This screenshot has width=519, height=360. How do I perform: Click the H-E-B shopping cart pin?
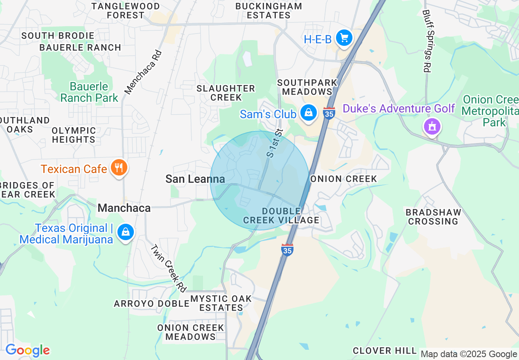[x=344, y=38]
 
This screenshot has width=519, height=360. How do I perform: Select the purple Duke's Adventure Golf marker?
[x=432, y=126]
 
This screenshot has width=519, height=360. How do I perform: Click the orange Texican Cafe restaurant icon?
[x=119, y=167]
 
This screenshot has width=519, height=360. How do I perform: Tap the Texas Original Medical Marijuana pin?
[x=125, y=232]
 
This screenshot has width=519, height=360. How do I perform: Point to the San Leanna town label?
[x=195, y=179]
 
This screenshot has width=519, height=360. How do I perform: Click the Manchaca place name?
[x=124, y=208]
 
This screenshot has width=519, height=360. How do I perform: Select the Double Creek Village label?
[x=281, y=216]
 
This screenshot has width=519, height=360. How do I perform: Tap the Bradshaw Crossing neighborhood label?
[x=433, y=217]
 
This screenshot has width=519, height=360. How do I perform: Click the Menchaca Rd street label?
[x=143, y=72]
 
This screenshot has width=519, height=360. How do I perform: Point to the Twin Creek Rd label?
[x=168, y=268]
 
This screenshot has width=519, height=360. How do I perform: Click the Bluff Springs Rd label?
[x=426, y=41]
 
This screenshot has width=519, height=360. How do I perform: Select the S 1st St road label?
[x=275, y=143]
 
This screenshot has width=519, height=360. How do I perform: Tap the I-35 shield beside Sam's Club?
[x=329, y=112]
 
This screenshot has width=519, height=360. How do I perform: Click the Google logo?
[x=27, y=350]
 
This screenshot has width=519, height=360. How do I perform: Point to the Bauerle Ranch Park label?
[x=89, y=92]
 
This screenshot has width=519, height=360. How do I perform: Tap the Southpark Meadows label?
[x=307, y=87]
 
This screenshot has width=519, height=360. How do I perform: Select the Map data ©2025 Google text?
[x=469, y=354]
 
